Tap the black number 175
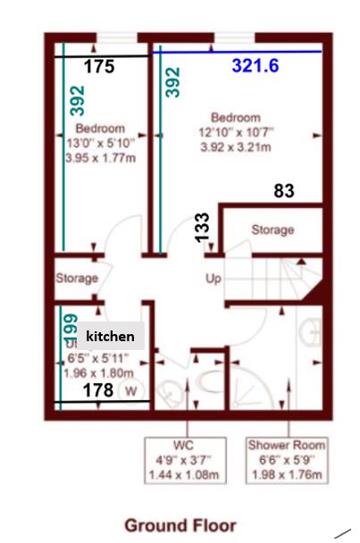click(x=100, y=66)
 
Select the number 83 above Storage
click(x=284, y=190)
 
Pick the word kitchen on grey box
click(x=111, y=337)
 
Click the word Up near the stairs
click(x=213, y=279)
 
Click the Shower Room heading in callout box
click(x=288, y=444)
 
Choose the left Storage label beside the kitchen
click(x=76, y=279)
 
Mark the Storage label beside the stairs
click(x=272, y=230)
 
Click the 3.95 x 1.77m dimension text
click(x=100, y=158)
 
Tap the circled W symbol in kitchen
click(x=131, y=390)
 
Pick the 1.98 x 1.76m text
click(x=288, y=474)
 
